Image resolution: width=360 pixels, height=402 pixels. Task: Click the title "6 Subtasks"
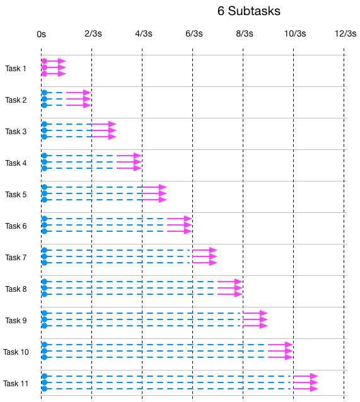coord(248,11)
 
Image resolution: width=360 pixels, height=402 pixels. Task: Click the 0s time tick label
coord(41,34)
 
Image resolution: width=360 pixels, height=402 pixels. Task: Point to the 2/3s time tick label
coord(92,34)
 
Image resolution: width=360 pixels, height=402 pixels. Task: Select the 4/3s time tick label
coord(142,34)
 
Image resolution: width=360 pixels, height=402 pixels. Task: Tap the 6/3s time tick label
coord(194,34)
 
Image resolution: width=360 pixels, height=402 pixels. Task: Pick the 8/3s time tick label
coord(244,34)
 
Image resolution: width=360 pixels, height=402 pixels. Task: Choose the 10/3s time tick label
coord(294,34)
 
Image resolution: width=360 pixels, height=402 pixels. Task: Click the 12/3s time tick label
coord(345,34)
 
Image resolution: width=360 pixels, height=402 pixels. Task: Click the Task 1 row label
coord(16,68)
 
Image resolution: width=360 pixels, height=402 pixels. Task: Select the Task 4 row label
coord(16,163)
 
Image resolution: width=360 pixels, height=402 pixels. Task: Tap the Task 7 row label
coord(16,258)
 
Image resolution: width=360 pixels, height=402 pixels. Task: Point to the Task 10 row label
coord(16,352)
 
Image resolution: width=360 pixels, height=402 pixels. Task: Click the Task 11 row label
coord(16,384)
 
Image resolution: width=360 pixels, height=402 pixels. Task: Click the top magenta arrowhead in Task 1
coord(62,61)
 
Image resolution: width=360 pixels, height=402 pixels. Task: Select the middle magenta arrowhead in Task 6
coord(189,225)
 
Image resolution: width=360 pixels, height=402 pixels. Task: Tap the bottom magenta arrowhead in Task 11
coord(315,389)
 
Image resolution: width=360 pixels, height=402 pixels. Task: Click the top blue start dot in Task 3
coord(44,124)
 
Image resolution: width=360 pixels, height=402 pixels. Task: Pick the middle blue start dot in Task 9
coord(44,319)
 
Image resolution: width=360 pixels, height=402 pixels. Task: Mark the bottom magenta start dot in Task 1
coord(44,74)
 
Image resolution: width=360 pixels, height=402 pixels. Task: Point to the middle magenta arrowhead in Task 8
coord(239,288)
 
